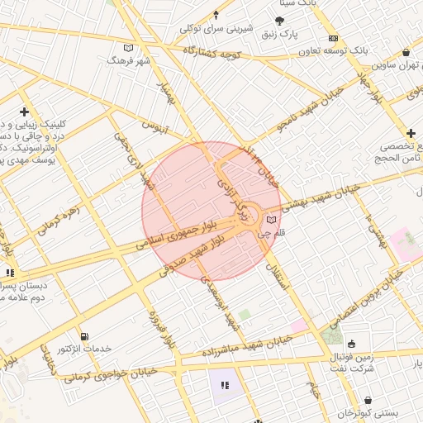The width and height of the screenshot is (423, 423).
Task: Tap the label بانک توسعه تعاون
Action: pos(373,50)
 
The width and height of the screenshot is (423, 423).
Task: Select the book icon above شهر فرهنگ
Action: pos(127,47)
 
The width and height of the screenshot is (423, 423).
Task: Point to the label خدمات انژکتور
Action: pos(104,349)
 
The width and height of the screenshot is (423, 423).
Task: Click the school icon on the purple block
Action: pos(225,383)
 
